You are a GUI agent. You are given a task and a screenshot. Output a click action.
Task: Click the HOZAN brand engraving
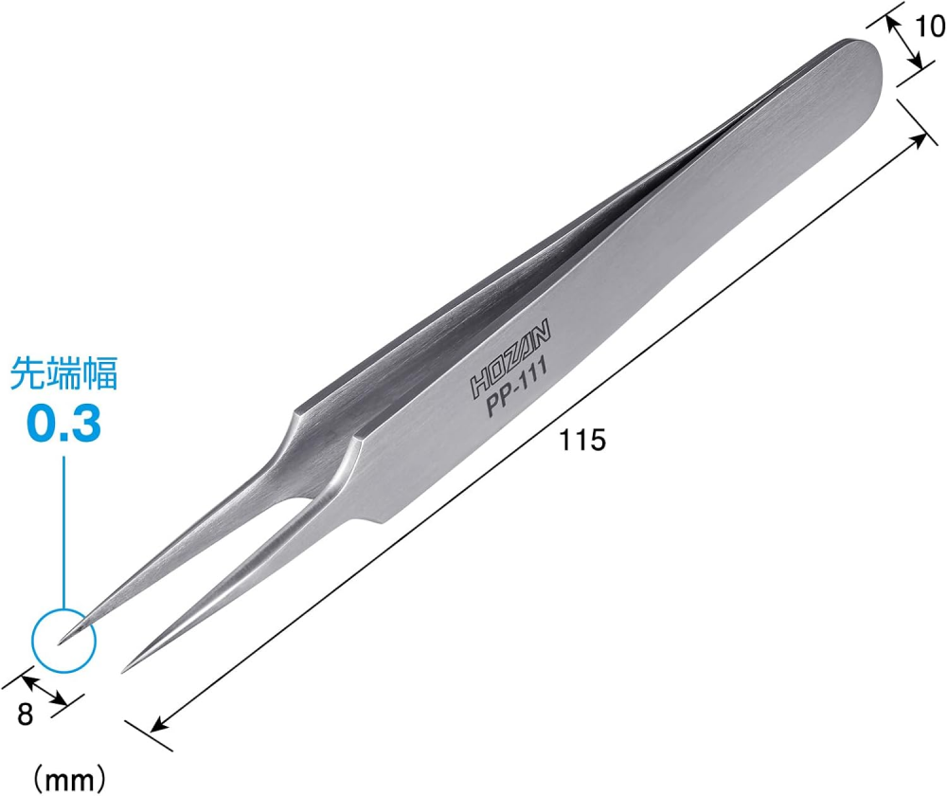510,358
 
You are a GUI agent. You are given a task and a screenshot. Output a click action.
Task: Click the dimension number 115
581,440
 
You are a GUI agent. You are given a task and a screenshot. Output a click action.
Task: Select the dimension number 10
929,27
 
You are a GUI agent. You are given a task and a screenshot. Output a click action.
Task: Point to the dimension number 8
25,715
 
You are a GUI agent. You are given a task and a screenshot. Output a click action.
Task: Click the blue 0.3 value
63,424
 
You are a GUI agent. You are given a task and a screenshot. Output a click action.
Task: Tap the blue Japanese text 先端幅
63,373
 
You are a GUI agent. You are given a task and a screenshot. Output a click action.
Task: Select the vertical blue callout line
63,533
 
